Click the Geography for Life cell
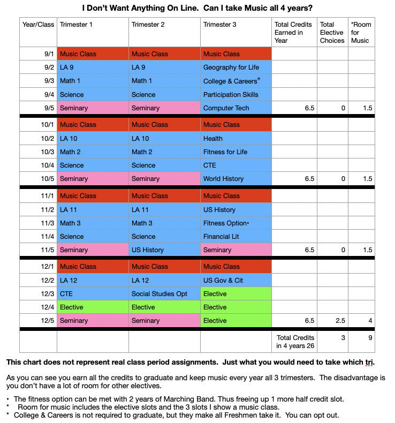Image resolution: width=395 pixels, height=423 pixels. pyautogui.click(x=236, y=67)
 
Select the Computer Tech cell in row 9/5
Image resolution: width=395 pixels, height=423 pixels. pyautogui.click(x=236, y=108)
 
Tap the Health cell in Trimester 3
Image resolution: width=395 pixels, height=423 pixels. pyautogui.click(x=236, y=138)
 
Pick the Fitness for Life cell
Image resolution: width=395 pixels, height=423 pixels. pyautogui.click(x=236, y=152)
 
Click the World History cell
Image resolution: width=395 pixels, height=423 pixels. pyautogui.click(x=236, y=179)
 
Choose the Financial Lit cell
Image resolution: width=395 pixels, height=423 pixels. pyautogui.click(x=236, y=236)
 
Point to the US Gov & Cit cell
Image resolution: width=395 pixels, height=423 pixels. pyautogui.click(x=236, y=281)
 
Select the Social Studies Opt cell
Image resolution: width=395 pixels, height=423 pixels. pyautogui.click(x=164, y=294)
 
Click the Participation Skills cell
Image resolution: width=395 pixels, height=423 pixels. pyautogui.click(x=236, y=95)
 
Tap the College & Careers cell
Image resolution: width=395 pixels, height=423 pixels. pyautogui.click(x=236, y=81)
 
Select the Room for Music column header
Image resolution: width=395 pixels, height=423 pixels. pyautogui.click(x=360, y=32)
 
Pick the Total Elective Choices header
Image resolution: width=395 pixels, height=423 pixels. pyautogui.click(x=332, y=32)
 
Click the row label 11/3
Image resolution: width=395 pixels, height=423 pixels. pyautogui.click(x=37, y=223)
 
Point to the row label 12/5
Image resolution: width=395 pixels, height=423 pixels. pyautogui.click(x=37, y=321)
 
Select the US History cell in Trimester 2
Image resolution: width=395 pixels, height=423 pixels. pyautogui.click(x=164, y=250)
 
